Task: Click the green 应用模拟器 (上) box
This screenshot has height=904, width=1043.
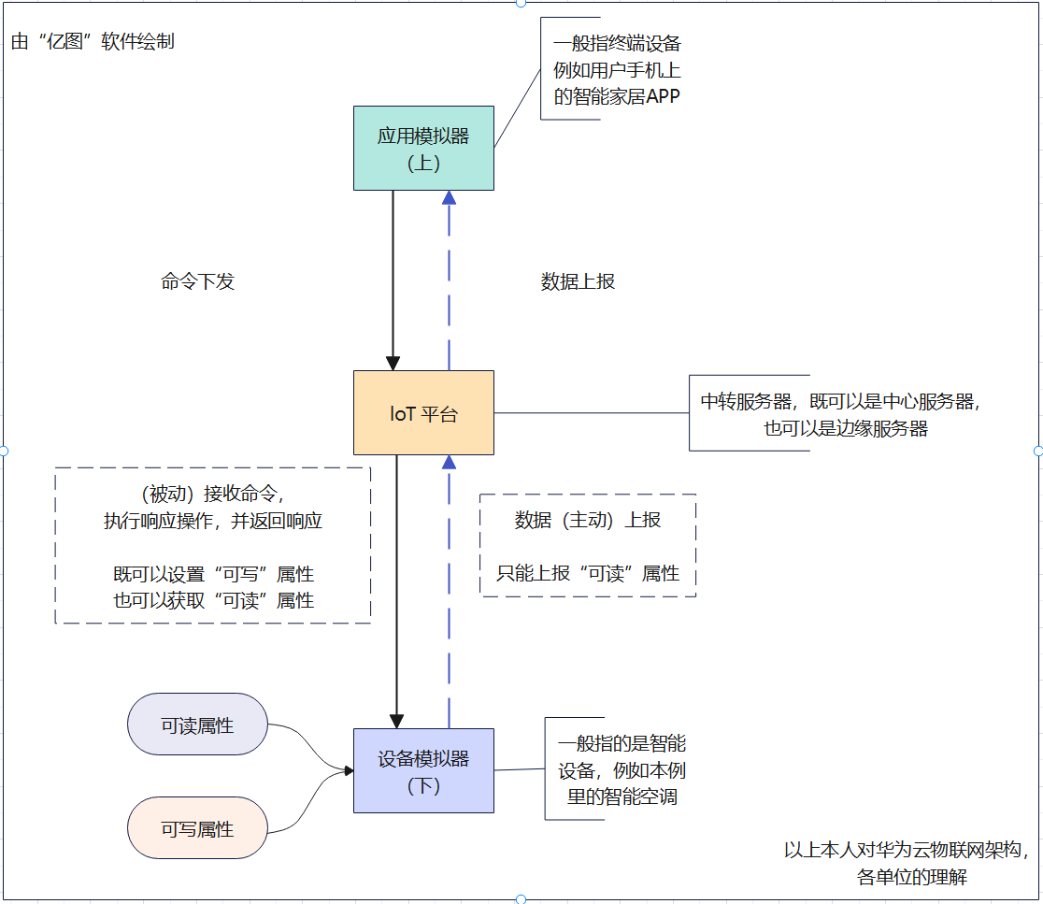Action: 423,149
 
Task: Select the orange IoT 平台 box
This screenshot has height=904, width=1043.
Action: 423,413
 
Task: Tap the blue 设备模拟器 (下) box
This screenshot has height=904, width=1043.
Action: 423,771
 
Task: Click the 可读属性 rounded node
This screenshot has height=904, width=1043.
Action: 197,725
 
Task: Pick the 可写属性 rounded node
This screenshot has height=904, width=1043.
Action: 197,828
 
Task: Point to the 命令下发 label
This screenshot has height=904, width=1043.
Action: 197,281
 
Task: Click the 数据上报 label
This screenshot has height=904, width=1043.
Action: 578,281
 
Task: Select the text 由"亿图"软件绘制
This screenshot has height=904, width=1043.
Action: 93,42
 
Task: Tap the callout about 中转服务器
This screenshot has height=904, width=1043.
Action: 841,414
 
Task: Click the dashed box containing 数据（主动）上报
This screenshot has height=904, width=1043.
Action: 588,545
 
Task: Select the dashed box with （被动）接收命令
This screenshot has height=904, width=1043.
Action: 213,545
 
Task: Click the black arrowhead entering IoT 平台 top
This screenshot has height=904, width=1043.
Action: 393,363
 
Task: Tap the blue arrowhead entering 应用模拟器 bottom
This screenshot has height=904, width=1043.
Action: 450,197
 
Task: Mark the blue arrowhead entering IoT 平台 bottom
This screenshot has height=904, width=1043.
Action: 450,462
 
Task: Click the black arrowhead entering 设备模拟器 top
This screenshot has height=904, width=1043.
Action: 396,721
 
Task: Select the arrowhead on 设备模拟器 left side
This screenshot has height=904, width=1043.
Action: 349,771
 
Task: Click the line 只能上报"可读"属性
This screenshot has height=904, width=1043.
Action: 588,573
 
